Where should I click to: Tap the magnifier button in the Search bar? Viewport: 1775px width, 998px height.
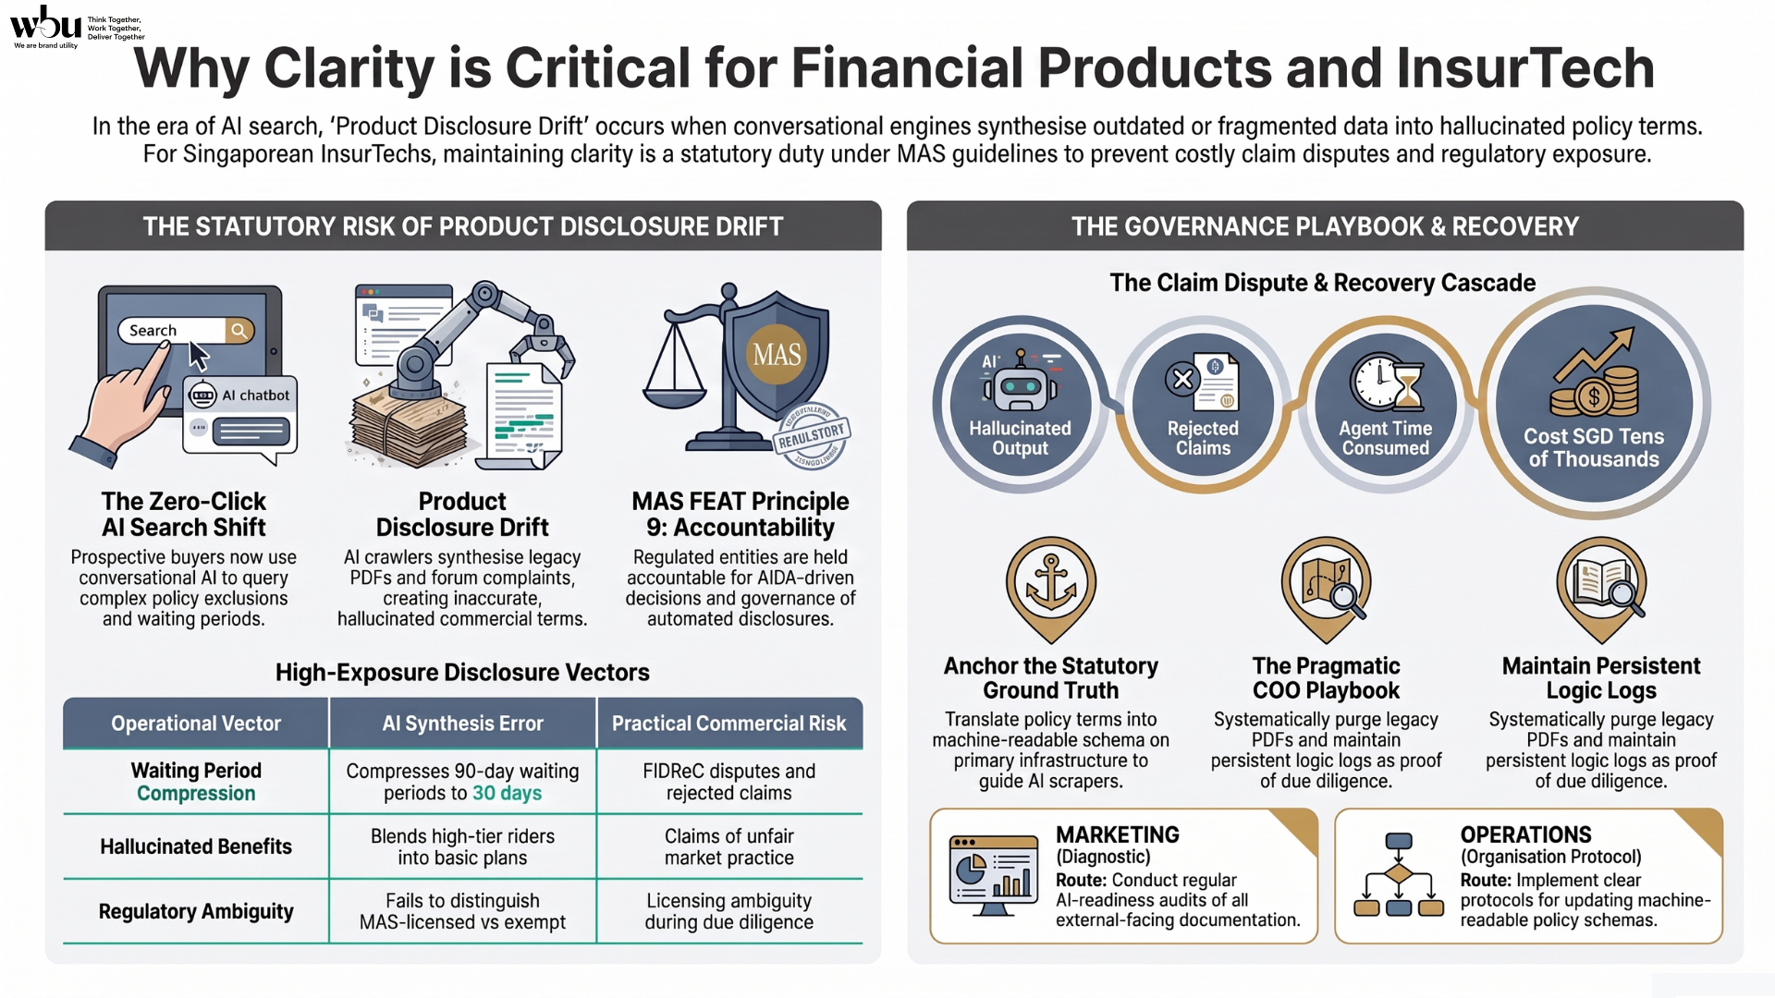click(x=239, y=330)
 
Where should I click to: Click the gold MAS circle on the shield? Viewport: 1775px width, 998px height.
click(x=777, y=354)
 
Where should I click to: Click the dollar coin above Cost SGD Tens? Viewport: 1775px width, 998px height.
click(x=1594, y=398)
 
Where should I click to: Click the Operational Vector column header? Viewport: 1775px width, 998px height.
click(x=196, y=724)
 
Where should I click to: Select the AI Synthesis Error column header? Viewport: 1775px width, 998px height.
click(x=462, y=724)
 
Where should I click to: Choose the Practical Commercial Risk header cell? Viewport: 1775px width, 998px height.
click(x=729, y=724)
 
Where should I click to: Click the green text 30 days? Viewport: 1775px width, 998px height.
click(x=508, y=793)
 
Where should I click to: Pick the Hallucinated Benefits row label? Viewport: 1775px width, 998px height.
click(x=196, y=846)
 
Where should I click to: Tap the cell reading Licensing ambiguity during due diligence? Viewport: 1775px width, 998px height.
click(x=729, y=911)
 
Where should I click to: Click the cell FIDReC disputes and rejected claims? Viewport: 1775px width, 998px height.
click(x=729, y=782)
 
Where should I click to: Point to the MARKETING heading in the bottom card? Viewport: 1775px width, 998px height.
click(x=1118, y=834)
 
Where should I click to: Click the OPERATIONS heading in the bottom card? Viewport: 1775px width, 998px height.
click(x=1526, y=834)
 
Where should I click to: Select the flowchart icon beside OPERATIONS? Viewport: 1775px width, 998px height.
click(x=1399, y=874)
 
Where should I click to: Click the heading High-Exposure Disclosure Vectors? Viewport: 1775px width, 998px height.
click(x=462, y=672)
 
